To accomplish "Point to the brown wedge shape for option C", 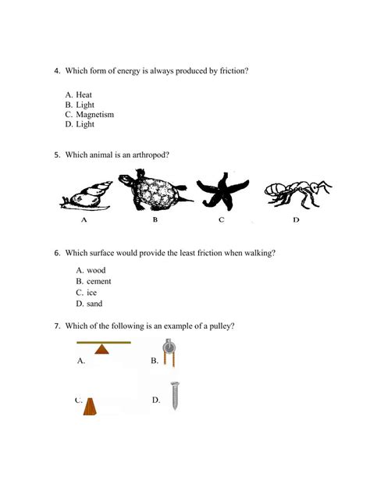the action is click(91, 407).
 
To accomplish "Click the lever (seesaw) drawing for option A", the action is click(103, 347).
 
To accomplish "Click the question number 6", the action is click(57, 253).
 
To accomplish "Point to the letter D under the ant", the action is click(297, 222).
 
